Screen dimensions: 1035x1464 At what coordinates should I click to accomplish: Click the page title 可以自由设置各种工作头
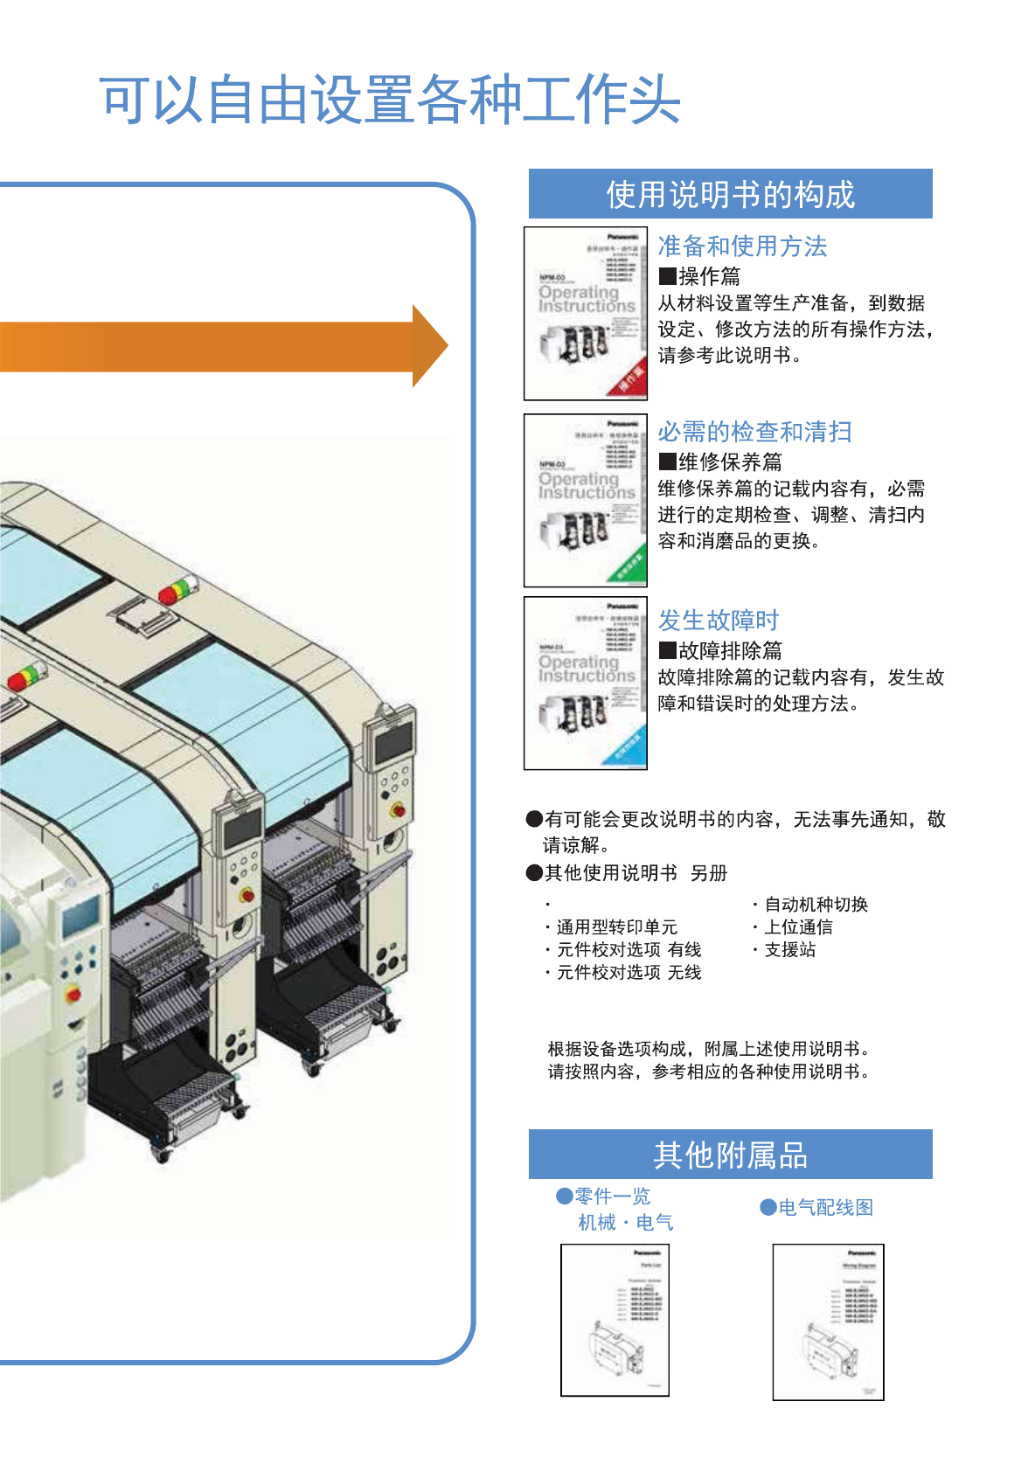[390, 100]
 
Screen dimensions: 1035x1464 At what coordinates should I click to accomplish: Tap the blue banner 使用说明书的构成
[730, 194]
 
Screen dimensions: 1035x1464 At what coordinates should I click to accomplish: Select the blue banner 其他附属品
[730, 1155]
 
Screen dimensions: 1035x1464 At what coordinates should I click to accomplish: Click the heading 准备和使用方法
[742, 246]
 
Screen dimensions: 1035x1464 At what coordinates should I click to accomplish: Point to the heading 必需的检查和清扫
[754, 432]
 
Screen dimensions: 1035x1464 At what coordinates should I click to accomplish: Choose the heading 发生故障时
[718, 621]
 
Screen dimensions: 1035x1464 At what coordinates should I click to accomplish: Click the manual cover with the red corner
[585, 314]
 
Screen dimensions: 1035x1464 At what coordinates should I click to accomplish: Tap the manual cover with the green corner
[585, 500]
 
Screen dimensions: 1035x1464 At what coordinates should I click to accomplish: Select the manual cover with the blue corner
[585, 683]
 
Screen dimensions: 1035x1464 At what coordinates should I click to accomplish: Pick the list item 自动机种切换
[816, 905]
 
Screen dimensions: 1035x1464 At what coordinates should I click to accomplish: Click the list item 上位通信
[798, 927]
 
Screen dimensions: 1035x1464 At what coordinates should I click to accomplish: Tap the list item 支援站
[789, 950]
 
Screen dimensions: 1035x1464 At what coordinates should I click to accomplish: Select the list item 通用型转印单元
[616, 927]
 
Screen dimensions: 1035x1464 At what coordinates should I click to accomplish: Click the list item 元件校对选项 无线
[629, 973]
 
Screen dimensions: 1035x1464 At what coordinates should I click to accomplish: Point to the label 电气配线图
[825, 1208]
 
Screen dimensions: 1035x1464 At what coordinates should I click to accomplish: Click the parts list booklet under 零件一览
[615, 1320]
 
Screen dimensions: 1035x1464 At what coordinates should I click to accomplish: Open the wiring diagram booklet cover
[828, 1322]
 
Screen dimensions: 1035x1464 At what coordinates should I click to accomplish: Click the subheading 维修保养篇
[730, 462]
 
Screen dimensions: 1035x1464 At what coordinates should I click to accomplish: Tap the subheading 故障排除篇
[730, 651]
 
